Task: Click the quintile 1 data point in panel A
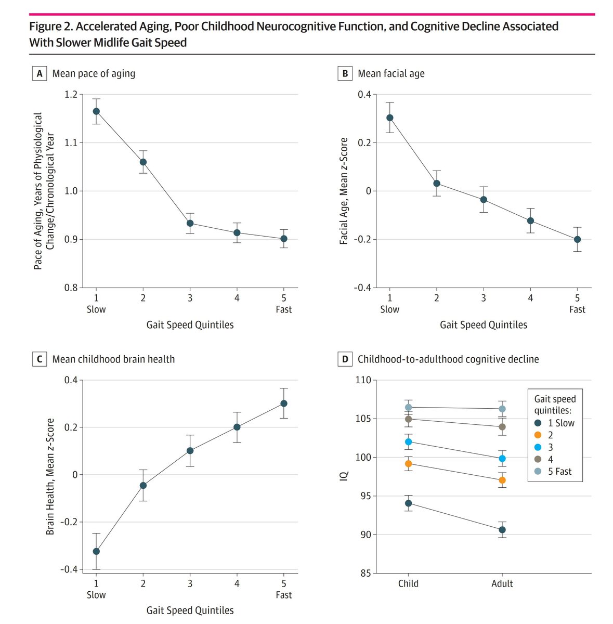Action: [x=96, y=111]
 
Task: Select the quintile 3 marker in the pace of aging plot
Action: [x=190, y=224]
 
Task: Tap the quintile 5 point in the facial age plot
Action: [x=577, y=240]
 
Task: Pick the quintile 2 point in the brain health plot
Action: [x=143, y=485]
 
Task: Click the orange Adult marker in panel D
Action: [x=502, y=480]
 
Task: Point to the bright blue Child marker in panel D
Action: [x=408, y=442]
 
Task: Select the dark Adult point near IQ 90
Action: [x=502, y=530]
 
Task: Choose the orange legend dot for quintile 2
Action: [x=538, y=435]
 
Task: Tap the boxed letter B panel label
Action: [x=345, y=73]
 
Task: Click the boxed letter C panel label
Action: [x=40, y=359]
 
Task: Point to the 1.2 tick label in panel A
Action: [x=71, y=95]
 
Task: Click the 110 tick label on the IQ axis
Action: [x=363, y=380]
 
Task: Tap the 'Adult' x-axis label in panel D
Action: [x=502, y=583]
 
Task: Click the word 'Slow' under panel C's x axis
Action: [x=96, y=595]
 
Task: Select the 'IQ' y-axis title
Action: [x=344, y=476]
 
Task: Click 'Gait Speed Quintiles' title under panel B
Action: [x=483, y=325]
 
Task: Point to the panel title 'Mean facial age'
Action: [x=391, y=73]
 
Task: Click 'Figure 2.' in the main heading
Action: [x=51, y=27]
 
